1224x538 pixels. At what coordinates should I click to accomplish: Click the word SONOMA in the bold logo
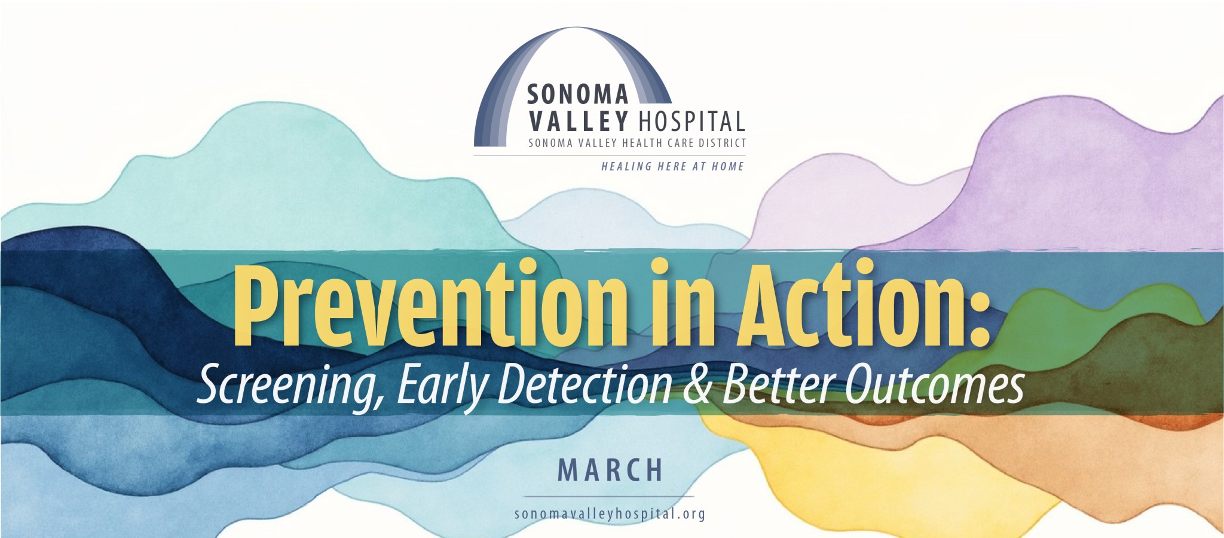point(578,94)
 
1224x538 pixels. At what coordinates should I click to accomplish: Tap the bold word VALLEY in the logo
point(579,121)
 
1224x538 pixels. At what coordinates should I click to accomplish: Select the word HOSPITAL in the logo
point(692,121)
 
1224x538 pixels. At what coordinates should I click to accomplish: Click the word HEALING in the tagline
point(626,167)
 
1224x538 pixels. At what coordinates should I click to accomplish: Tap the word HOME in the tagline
point(727,167)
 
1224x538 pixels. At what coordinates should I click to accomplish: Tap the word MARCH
point(610,470)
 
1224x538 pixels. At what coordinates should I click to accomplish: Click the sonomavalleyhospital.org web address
point(610,513)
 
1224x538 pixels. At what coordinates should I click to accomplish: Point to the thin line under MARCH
point(609,496)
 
